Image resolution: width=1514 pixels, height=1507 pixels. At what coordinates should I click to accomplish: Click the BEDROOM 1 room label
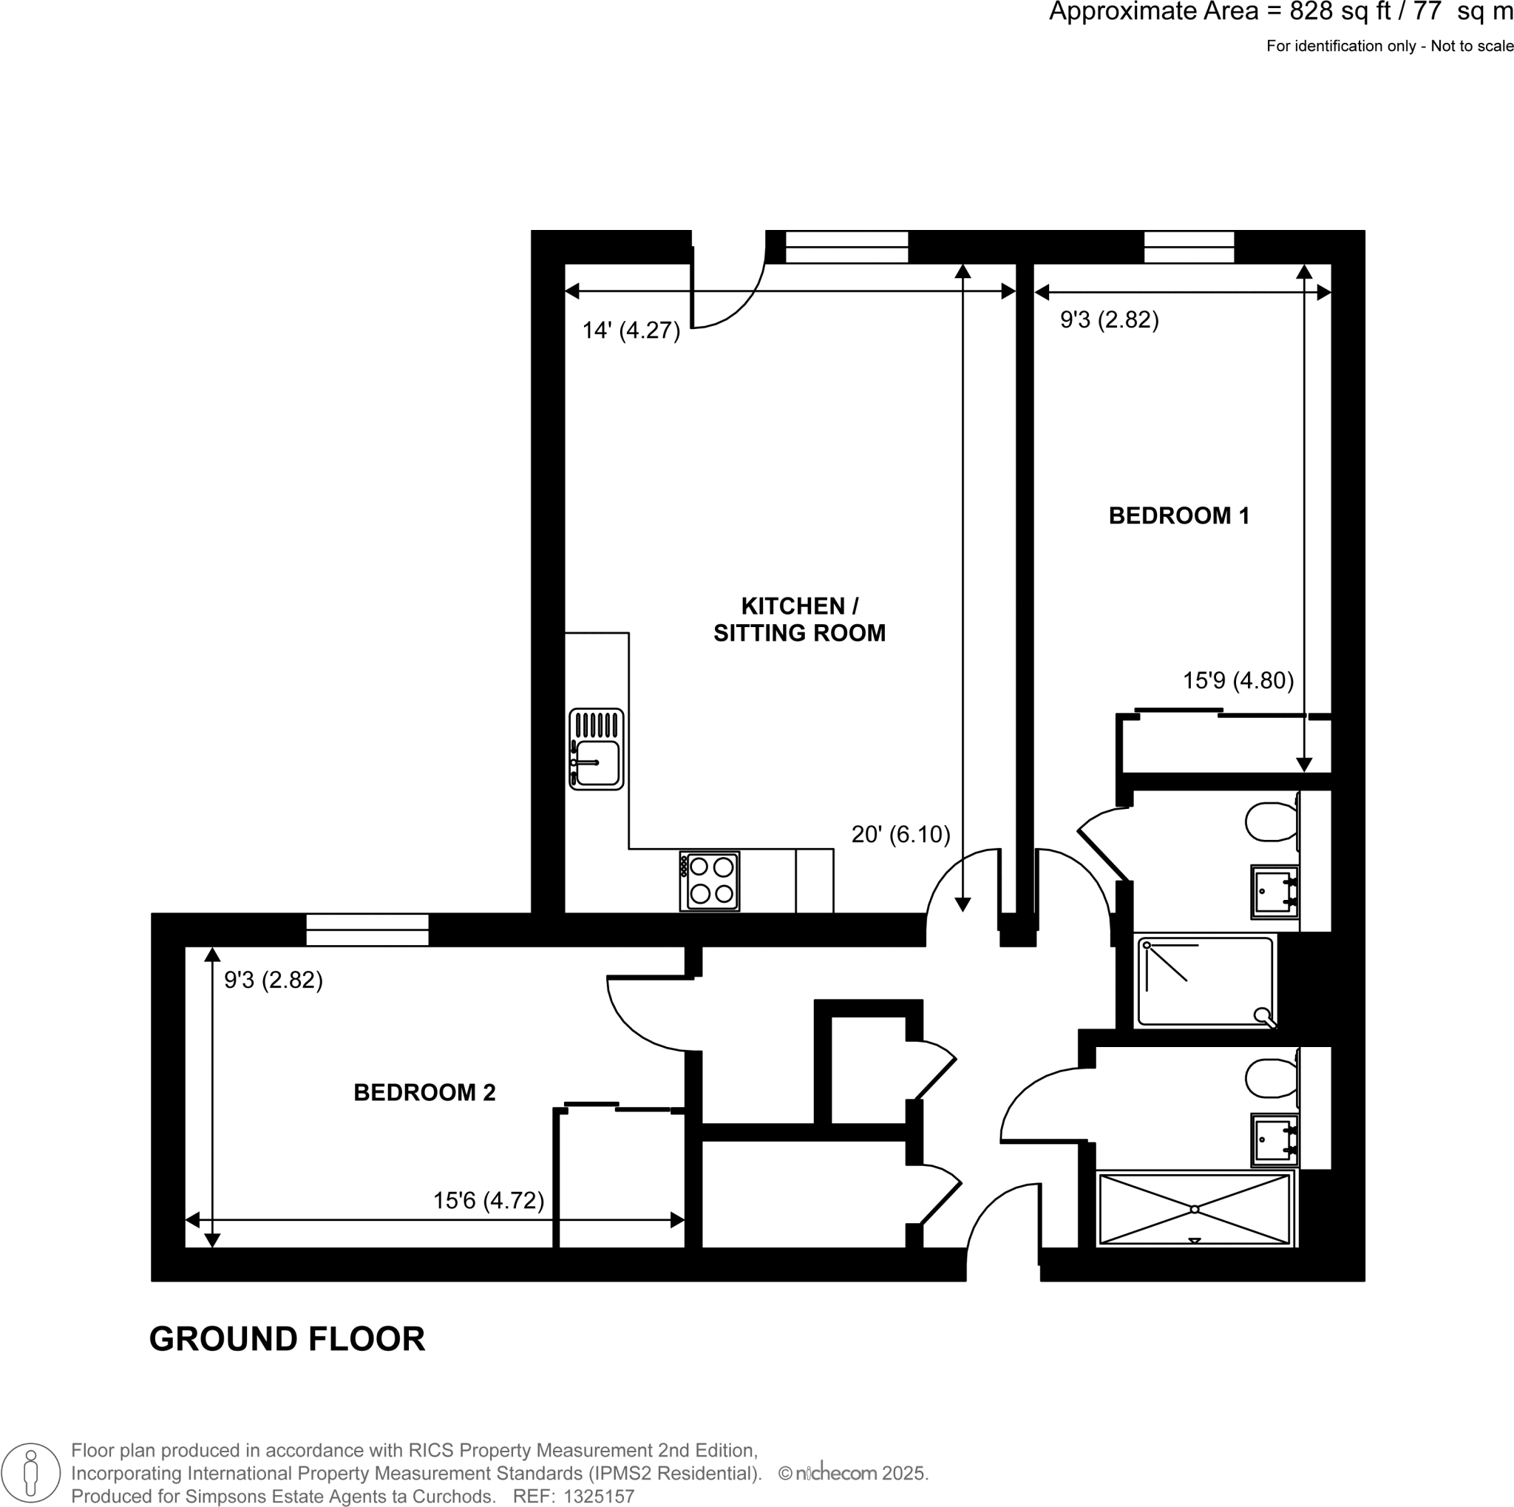pos(1178,515)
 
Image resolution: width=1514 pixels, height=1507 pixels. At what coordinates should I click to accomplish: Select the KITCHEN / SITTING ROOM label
pos(798,619)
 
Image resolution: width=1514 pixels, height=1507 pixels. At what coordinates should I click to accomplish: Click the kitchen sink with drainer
pos(597,749)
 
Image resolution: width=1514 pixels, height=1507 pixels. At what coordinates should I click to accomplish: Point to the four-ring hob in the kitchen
pos(710,881)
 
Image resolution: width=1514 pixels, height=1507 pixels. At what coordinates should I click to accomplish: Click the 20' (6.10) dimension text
pos(900,835)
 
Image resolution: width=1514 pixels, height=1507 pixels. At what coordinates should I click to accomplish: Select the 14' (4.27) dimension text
pos(631,331)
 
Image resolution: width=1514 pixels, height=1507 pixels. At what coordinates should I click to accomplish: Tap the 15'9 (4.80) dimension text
pos(1238,680)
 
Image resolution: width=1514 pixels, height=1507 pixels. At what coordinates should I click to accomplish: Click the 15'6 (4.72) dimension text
pos(488,1201)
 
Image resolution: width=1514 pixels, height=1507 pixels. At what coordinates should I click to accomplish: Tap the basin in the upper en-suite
pos(1274,892)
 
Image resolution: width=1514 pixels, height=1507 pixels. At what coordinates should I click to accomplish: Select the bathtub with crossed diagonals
pos(1195,1209)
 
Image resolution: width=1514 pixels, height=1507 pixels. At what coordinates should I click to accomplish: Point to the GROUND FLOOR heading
pos(287,1339)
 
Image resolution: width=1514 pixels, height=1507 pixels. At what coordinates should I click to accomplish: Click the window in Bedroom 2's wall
pos(367,929)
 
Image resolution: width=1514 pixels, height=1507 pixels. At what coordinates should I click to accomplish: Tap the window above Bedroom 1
pos(1188,247)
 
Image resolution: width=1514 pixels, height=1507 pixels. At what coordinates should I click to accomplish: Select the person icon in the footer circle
pos(30,1472)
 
